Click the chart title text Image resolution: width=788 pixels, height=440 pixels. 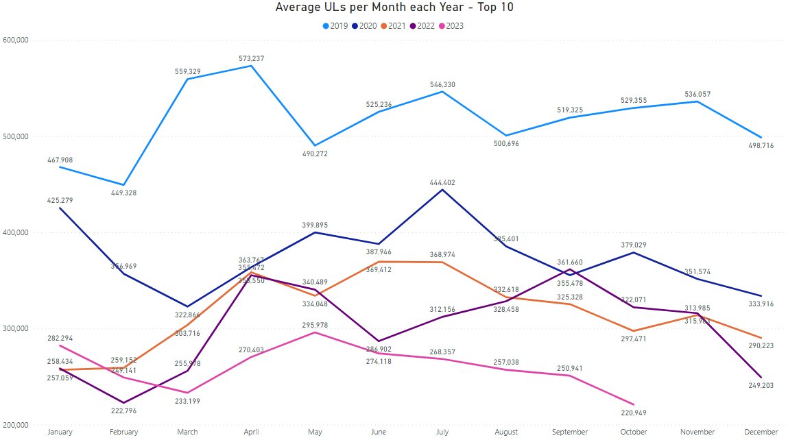click(394, 8)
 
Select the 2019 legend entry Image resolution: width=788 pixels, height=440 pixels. click(335, 26)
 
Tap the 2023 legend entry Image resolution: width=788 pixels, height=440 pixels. click(451, 26)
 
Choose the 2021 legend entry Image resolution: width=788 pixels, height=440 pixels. click(393, 26)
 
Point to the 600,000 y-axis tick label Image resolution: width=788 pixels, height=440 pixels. click(15, 40)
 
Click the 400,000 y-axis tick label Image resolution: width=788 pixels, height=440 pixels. click(15, 233)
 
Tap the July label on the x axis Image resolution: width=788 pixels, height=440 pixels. click(442, 432)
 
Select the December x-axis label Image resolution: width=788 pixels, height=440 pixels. click(761, 432)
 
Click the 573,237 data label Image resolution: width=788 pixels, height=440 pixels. click(251, 59)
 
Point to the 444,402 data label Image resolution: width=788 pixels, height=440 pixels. click(442, 183)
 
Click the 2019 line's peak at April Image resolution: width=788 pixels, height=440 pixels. click(251, 66)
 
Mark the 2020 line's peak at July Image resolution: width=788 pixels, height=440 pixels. click(442, 189)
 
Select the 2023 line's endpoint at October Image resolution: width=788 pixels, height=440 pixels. click(634, 404)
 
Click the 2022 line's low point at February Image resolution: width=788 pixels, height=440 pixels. click(123, 402)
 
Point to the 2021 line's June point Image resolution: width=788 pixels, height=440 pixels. click(379, 262)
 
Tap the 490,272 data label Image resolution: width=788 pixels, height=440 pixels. click(315, 154)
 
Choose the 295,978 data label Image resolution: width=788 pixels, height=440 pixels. click(315, 325)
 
